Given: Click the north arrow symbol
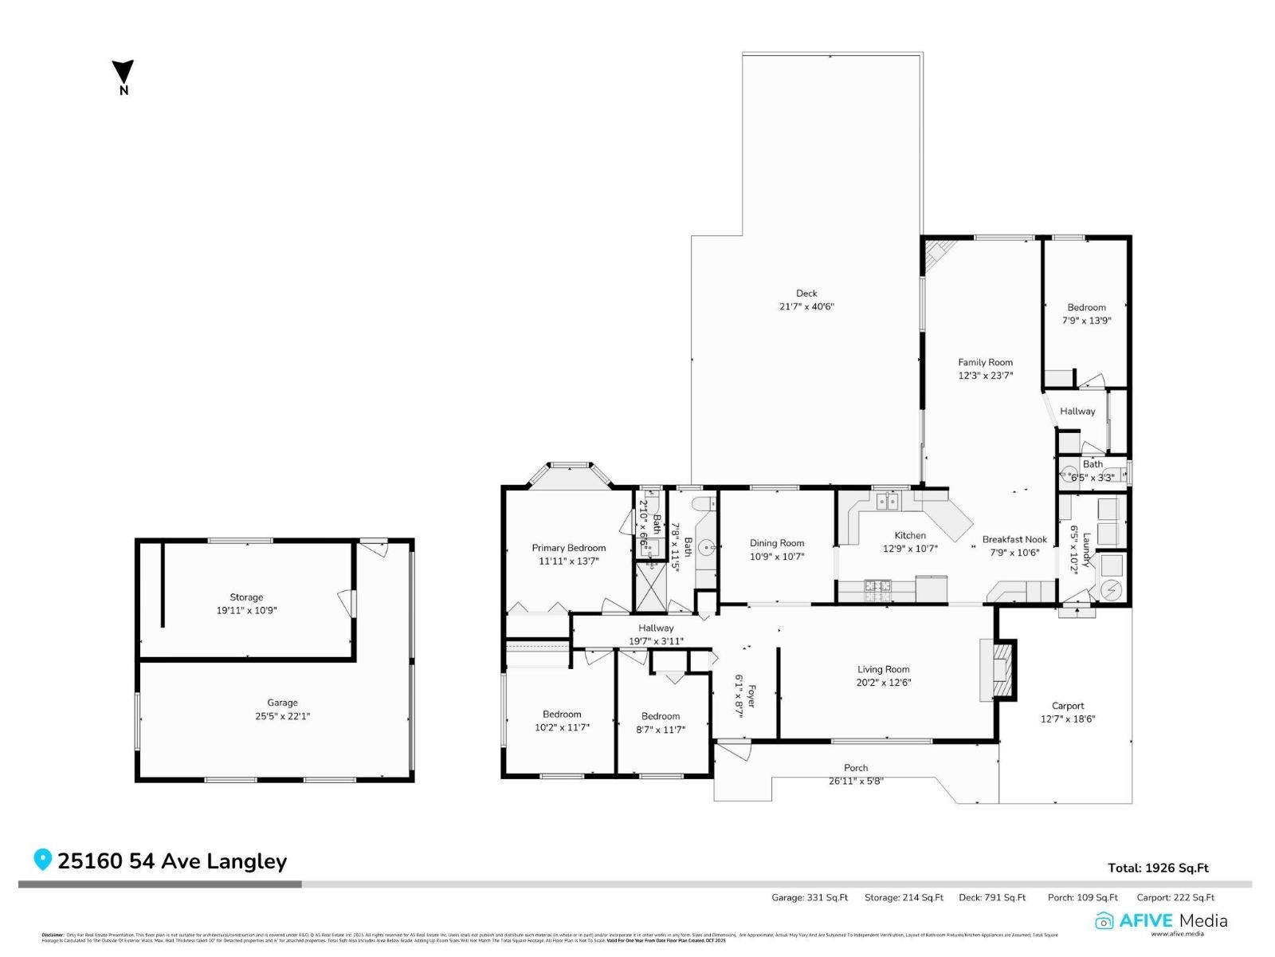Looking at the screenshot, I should pos(123,72).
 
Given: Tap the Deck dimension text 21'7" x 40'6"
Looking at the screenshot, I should pos(806,306).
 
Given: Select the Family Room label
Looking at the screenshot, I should pos(985,362).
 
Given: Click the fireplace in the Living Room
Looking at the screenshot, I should pos(1000,670).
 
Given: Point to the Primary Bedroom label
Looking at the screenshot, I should pos(568,548).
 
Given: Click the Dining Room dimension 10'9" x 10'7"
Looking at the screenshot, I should pos(776,557).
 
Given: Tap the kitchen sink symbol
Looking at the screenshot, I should pos(887,502).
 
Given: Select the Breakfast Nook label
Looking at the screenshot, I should pos(1014,539).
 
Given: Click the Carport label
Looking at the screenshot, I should pos(1067,706).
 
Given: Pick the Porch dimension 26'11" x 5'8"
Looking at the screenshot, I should pos(856,781).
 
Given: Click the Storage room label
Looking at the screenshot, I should pos(246,597).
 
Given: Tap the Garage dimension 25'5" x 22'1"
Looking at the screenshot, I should pos(282,716).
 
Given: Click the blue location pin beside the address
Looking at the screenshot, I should pos(42,860).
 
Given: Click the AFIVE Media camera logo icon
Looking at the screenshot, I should pos(1104,921).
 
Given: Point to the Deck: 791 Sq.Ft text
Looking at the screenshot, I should pos(991,897).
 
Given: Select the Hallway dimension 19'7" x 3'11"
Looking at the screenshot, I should pos(656,641).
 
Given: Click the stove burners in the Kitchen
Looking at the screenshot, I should pos(878,589).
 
